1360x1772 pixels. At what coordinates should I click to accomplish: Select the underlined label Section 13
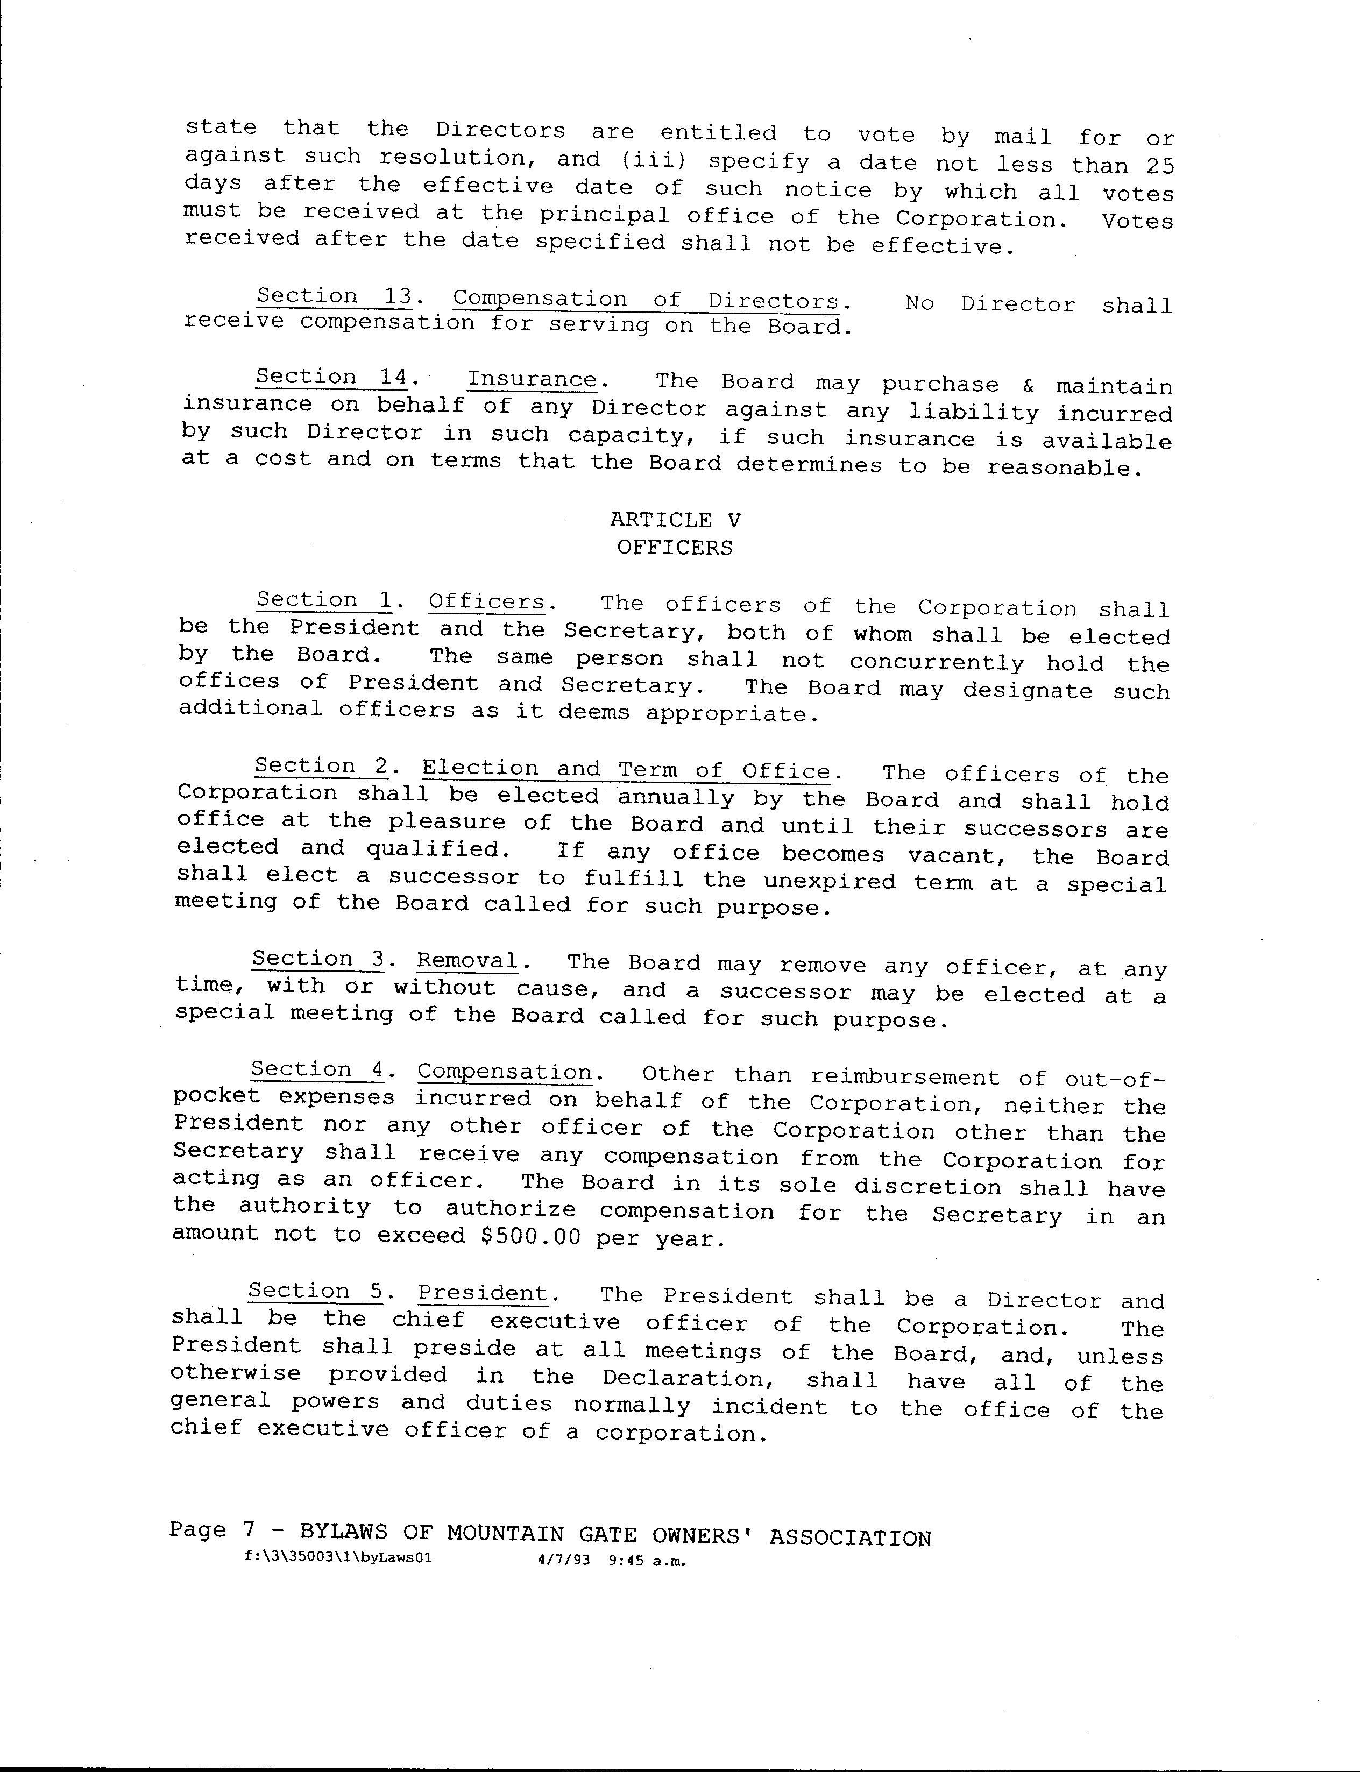[334, 296]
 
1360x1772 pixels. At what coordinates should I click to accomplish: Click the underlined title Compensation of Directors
[645, 300]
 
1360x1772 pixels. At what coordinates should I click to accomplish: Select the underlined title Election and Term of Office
[626, 769]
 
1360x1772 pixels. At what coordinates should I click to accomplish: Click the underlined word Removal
[467, 961]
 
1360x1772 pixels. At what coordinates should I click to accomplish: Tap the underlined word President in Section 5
[483, 1293]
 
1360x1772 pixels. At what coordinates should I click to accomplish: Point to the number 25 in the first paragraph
[1159, 165]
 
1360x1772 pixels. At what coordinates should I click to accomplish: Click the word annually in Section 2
[676, 798]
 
